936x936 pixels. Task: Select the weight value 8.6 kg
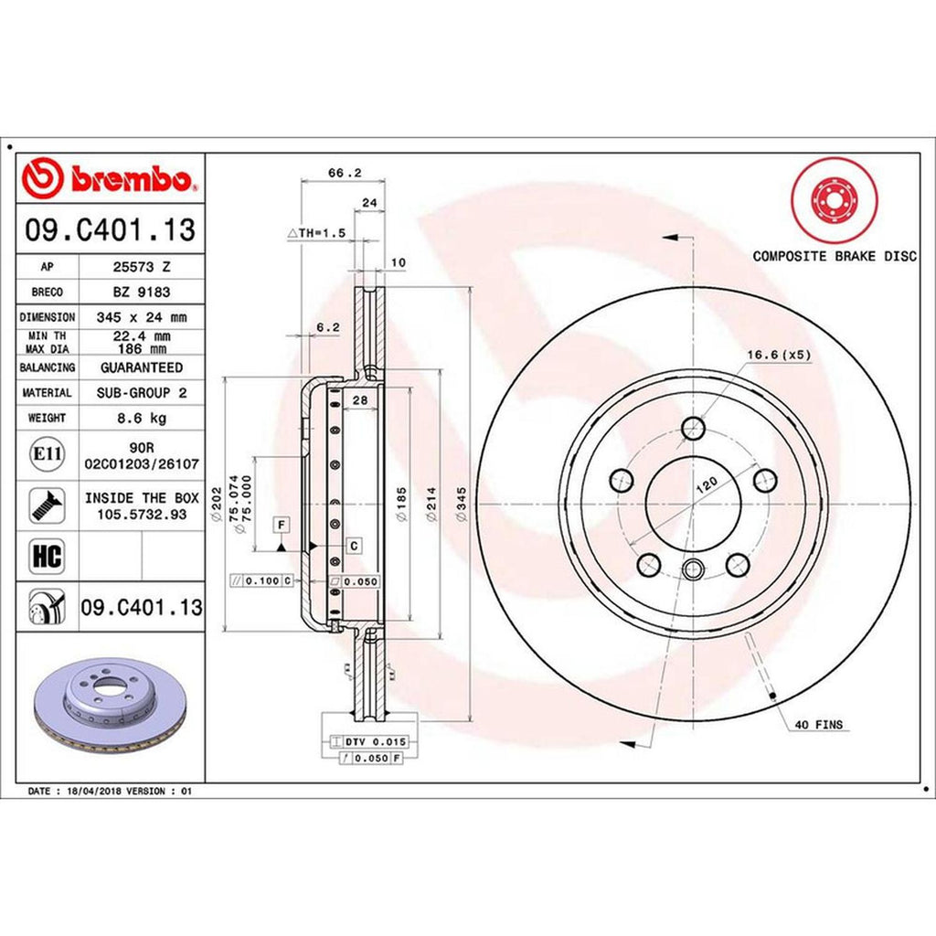[x=142, y=418]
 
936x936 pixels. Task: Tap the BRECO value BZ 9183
[x=142, y=292]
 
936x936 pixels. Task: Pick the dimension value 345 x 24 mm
[x=142, y=317]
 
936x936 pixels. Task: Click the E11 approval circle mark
[x=47, y=454]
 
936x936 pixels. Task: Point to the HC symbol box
[x=47, y=556]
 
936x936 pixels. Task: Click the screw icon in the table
[x=47, y=505]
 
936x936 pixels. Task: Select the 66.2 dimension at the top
[x=345, y=173]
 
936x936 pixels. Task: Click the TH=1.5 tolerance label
[x=317, y=233]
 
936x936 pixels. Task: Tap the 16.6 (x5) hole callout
[x=779, y=355]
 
